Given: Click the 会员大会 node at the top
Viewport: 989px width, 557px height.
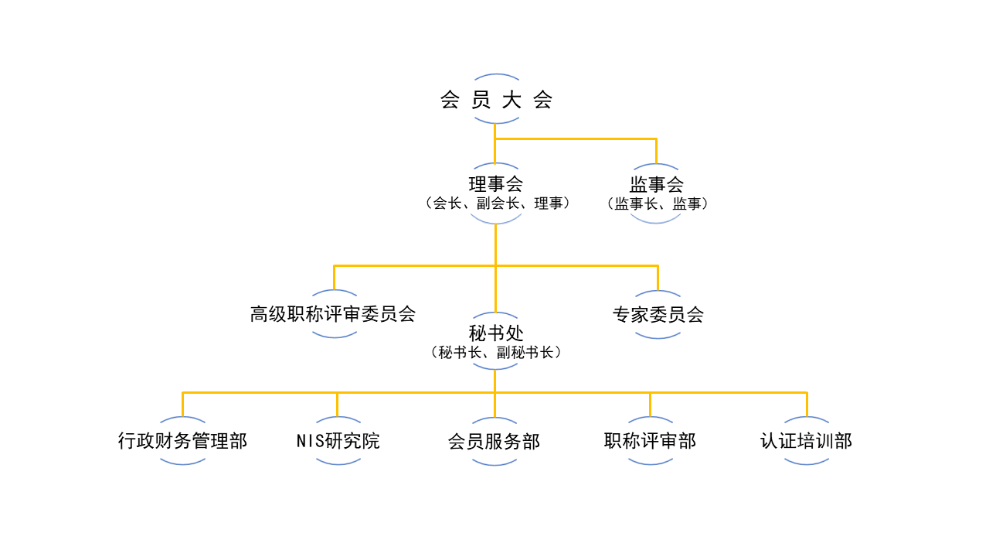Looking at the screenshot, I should tap(496, 101).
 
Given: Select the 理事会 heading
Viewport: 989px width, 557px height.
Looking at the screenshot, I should tap(495, 184).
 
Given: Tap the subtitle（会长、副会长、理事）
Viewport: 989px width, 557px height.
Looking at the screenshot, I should tap(498, 203).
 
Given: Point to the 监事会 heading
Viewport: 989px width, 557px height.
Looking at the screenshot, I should tap(656, 184).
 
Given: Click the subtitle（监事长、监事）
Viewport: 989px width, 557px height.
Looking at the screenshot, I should tap(658, 203).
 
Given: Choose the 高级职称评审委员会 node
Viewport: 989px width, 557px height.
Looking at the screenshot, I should tap(333, 314).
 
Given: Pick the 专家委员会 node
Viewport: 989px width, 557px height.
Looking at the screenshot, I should tap(658, 315).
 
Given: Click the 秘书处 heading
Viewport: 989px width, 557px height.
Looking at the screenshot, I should tap(495, 333).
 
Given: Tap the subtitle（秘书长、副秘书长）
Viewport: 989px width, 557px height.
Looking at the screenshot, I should tap(495, 352).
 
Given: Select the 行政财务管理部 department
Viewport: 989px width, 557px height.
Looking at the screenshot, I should tap(182, 441).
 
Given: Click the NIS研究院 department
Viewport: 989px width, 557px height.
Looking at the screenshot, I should tap(338, 441).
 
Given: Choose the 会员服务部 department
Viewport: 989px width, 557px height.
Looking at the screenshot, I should tap(494, 442).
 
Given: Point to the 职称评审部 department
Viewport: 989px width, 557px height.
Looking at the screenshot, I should tap(650, 441).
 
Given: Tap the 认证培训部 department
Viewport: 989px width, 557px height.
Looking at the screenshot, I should tap(806, 441).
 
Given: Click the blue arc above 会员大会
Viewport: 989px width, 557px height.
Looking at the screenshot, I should tap(496, 76).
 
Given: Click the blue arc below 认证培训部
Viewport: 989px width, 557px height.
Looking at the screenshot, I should tap(806, 463).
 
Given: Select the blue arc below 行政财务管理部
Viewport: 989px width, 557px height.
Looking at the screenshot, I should tap(183, 463).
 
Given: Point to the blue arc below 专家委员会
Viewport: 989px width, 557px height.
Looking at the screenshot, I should tap(658, 337).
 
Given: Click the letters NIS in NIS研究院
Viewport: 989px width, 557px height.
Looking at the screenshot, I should tap(311, 441).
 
